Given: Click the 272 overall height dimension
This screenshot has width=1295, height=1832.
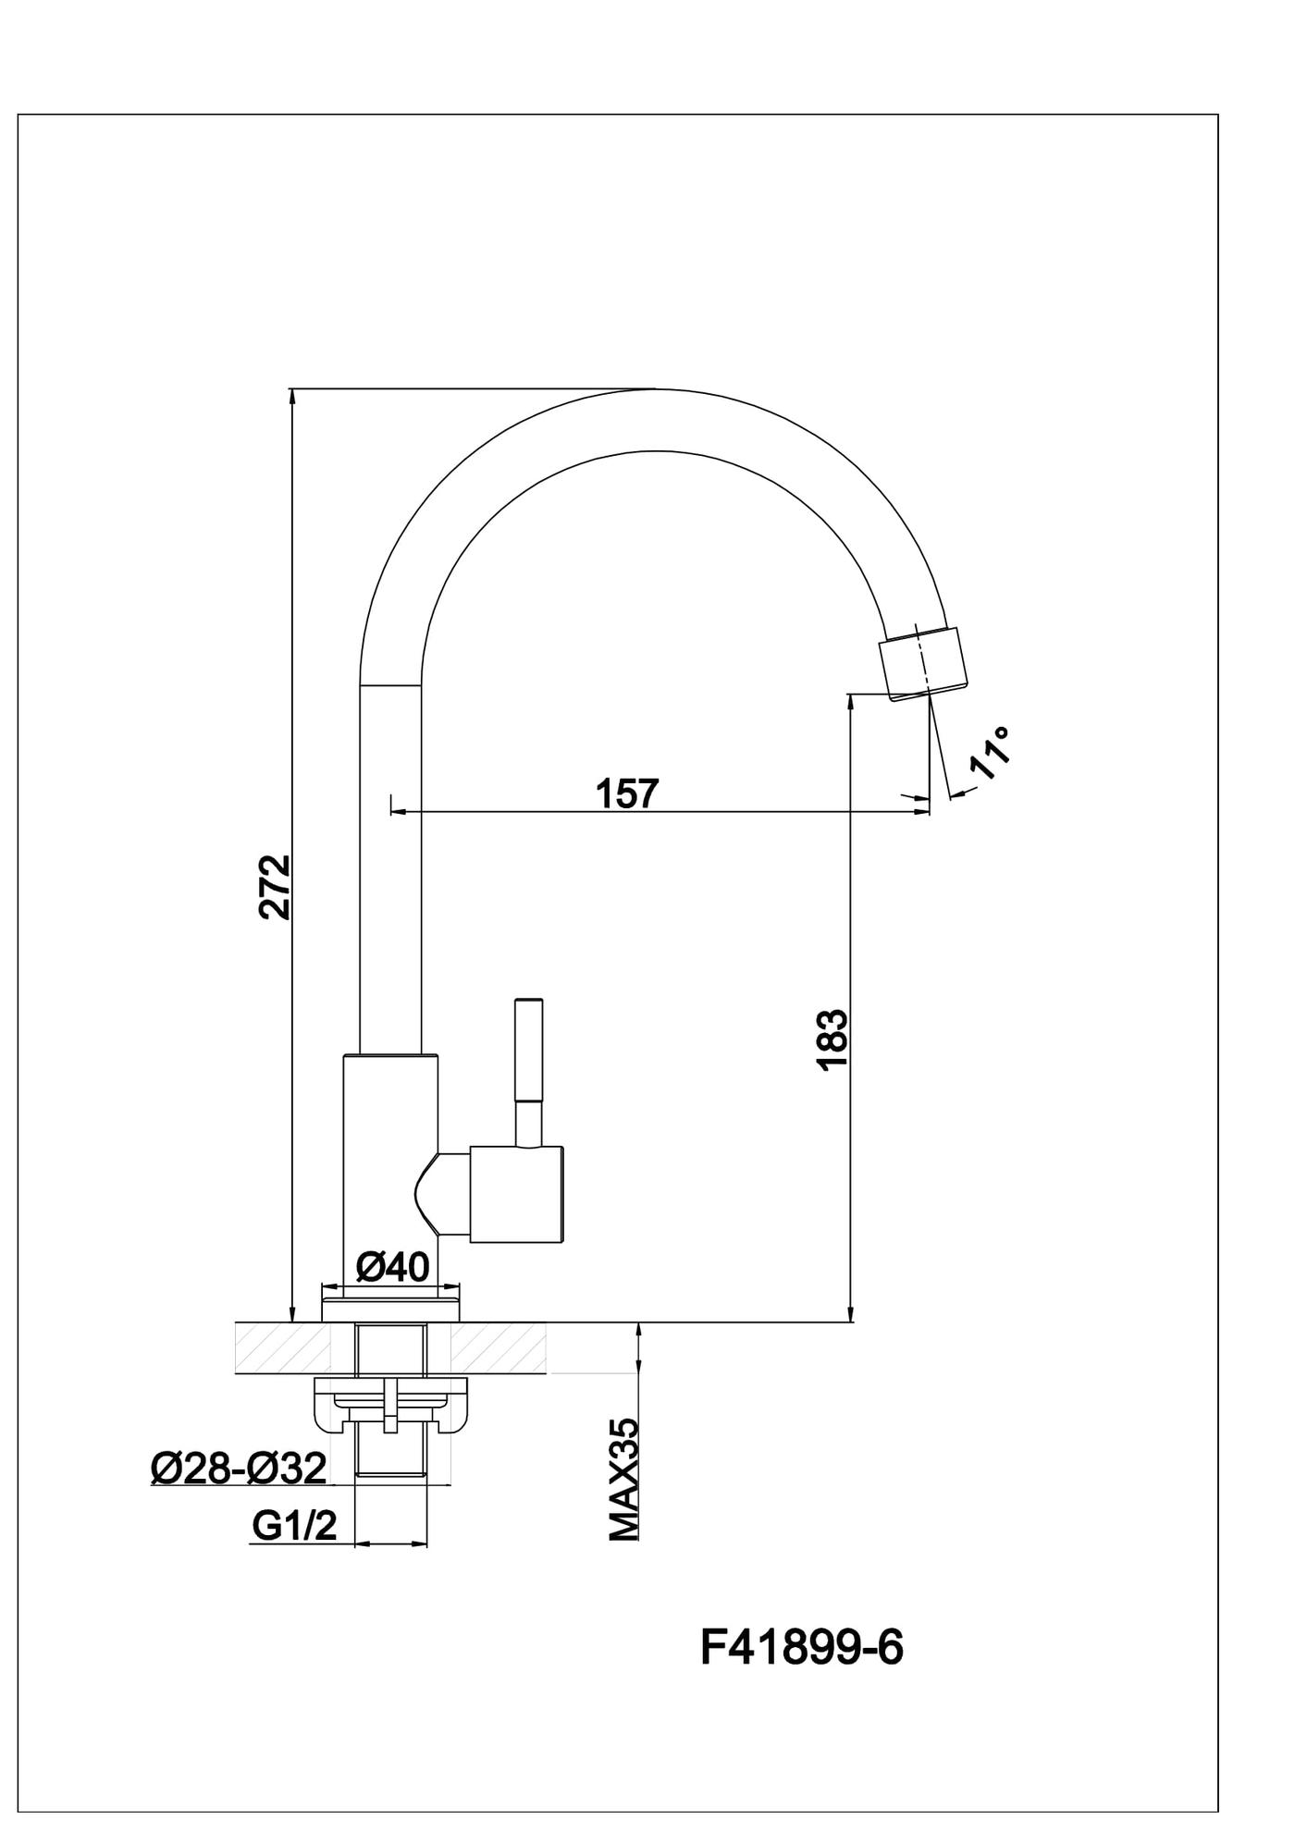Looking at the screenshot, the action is click(275, 887).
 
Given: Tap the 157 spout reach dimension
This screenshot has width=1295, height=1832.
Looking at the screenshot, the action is click(627, 793).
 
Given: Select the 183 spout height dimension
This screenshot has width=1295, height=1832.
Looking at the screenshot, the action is click(832, 1040).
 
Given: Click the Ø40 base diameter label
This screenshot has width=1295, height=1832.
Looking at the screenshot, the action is click(392, 1266).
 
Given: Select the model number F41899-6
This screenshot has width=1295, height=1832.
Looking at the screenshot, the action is click(801, 1647).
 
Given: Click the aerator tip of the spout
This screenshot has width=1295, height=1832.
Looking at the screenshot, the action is click(926, 662).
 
